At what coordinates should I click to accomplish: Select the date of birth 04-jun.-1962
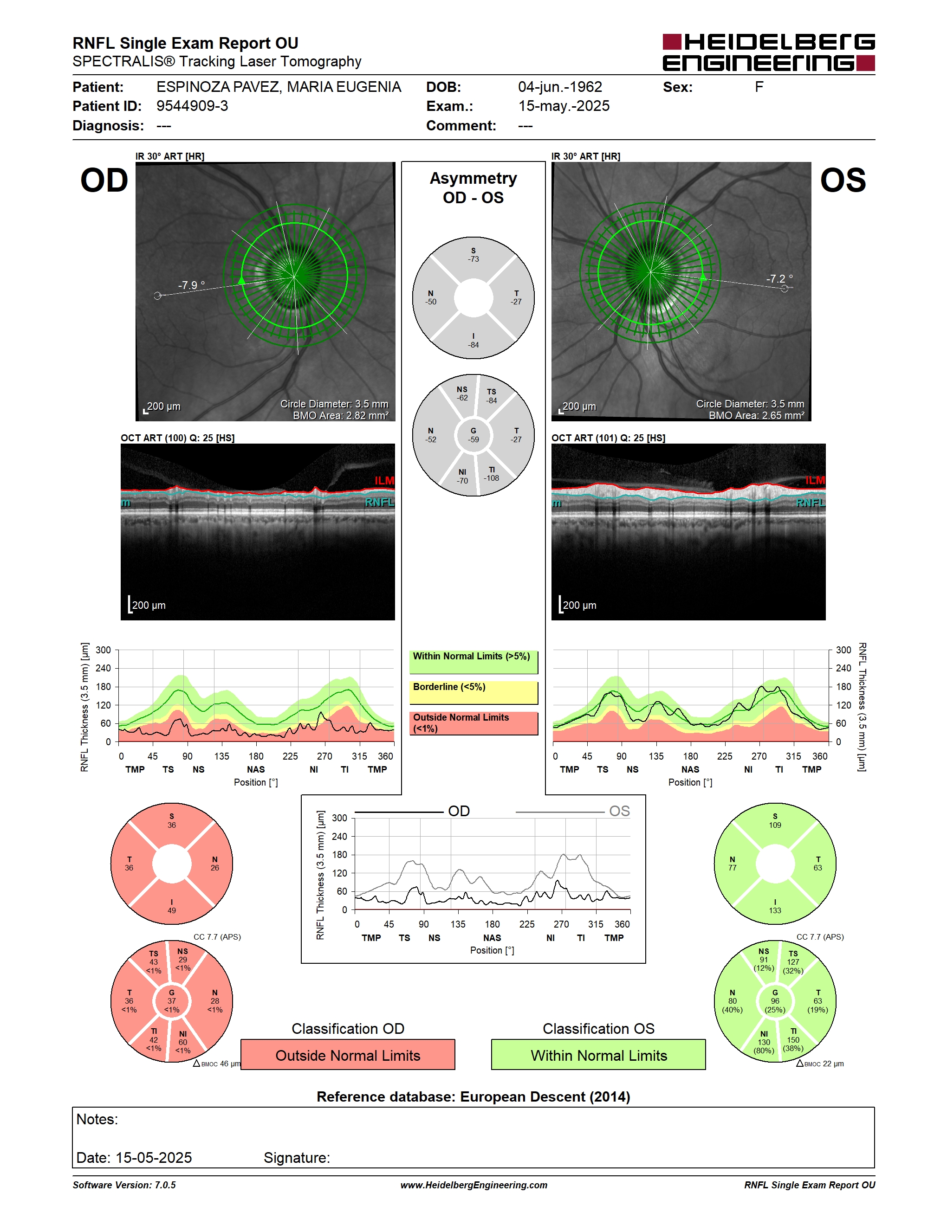pyautogui.click(x=560, y=87)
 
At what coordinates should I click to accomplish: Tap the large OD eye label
pyautogui.click(x=104, y=181)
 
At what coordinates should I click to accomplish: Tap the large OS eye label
pyautogui.click(x=843, y=181)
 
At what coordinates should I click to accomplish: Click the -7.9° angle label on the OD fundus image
pyautogui.click(x=191, y=285)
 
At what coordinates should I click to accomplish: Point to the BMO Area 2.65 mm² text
pyautogui.click(x=756, y=415)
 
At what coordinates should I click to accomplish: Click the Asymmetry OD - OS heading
pyautogui.click(x=473, y=188)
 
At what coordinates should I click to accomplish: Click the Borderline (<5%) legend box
pyautogui.click(x=473, y=693)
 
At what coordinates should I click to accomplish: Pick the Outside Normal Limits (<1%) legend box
pyautogui.click(x=473, y=723)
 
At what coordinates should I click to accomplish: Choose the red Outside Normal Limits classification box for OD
pyautogui.click(x=348, y=1055)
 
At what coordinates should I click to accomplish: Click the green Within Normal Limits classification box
pyautogui.click(x=599, y=1055)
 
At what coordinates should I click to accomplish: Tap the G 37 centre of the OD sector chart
pyautogui.click(x=172, y=1001)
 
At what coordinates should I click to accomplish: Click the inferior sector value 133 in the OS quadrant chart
pyautogui.click(x=775, y=910)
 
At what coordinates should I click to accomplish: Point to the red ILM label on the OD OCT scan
pyautogui.click(x=384, y=481)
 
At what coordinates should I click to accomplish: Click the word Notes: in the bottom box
pyautogui.click(x=97, y=1120)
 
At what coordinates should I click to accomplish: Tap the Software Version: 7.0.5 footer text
pyautogui.click(x=124, y=1185)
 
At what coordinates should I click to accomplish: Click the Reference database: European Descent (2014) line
pyautogui.click(x=473, y=1096)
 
